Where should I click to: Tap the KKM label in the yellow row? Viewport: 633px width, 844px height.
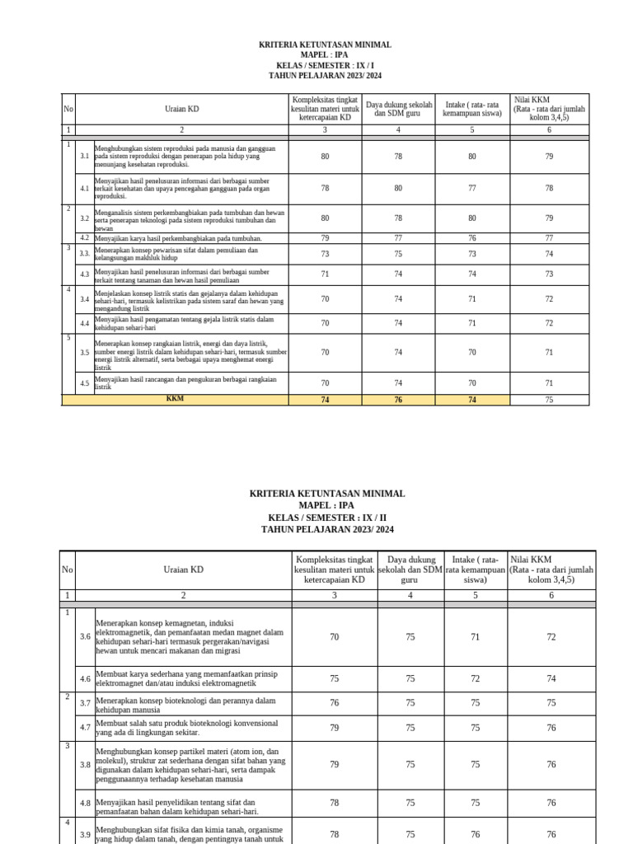(x=175, y=399)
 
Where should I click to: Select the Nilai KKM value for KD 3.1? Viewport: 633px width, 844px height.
(x=549, y=157)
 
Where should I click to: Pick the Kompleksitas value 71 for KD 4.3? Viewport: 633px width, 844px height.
(x=325, y=274)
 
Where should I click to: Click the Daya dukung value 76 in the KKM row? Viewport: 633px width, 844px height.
(x=398, y=400)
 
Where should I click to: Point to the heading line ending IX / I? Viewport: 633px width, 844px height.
(x=326, y=65)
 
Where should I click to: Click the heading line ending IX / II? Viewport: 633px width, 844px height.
(x=327, y=518)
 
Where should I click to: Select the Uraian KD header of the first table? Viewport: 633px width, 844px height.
(x=182, y=109)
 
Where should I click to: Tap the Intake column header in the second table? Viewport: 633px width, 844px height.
(x=476, y=569)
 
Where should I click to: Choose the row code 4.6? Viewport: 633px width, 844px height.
(x=85, y=678)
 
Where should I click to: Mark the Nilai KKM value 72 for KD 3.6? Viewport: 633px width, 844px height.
(x=551, y=637)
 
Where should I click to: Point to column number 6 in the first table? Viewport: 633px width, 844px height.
(x=549, y=129)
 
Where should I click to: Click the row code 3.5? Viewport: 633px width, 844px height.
(x=85, y=352)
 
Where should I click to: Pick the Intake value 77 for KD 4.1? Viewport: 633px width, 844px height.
(x=472, y=188)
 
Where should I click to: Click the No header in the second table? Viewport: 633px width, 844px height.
(x=68, y=569)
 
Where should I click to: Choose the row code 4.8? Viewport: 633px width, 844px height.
(x=85, y=803)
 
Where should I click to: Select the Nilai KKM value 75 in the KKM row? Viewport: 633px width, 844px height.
(x=549, y=400)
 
